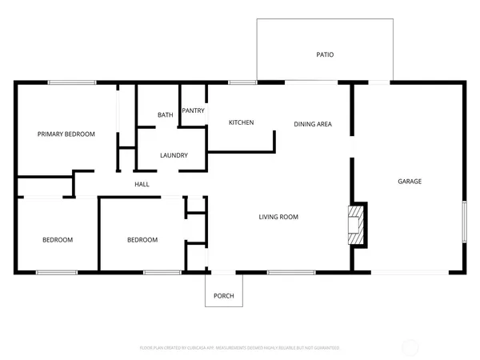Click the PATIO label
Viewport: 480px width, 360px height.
(x=324, y=55)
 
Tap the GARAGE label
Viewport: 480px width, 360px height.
(x=410, y=182)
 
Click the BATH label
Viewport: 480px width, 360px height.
(x=165, y=115)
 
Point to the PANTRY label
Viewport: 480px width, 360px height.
(x=193, y=110)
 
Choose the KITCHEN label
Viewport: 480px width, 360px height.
(x=241, y=122)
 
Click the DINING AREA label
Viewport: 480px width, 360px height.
(x=313, y=124)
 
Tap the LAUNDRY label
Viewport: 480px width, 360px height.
(x=174, y=155)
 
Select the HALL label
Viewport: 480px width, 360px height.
(x=142, y=185)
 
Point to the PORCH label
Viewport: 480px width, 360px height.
(x=224, y=297)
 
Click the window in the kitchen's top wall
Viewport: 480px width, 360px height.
(x=238, y=82)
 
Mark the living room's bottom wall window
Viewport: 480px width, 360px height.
(x=290, y=274)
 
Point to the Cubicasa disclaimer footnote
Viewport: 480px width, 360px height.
(x=240, y=348)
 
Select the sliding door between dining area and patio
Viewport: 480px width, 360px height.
(x=311, y=82)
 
